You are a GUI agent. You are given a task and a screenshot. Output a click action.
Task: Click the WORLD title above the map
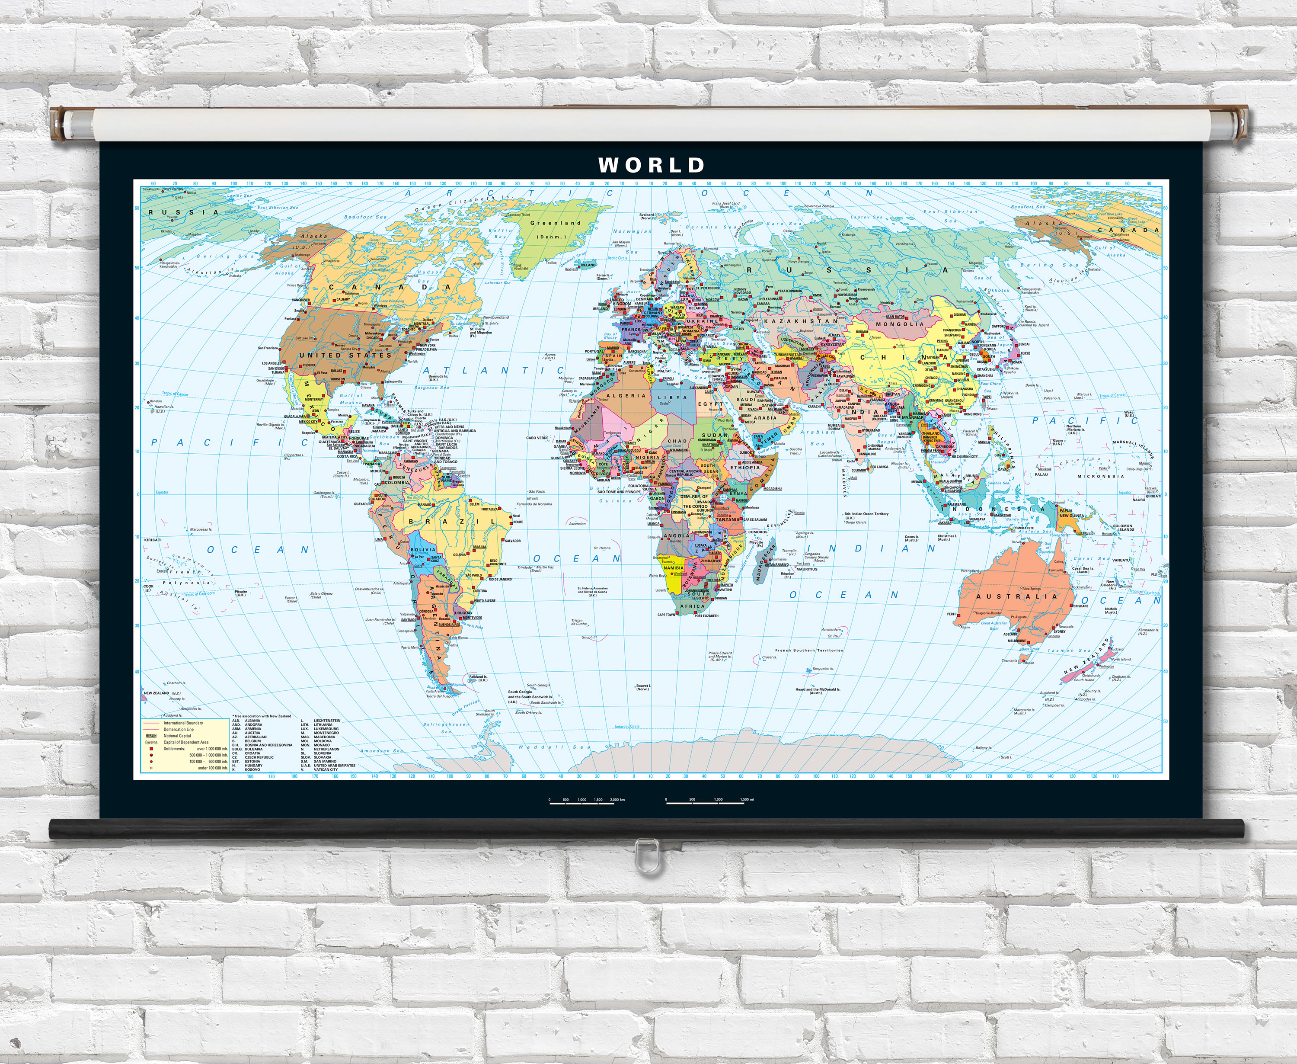[651, 165]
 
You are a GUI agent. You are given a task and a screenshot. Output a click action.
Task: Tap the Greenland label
[555, 223]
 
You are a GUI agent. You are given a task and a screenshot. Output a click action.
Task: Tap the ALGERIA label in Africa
[626, 396]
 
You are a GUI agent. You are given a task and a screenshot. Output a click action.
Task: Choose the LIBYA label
[672, 397]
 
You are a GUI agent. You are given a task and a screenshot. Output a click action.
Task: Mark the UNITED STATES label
[345, 355]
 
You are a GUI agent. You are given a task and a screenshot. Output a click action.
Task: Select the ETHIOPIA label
[744, 468]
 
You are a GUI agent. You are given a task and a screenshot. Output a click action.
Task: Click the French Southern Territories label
[809, 650]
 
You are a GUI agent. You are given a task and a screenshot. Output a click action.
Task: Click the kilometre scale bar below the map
[582, 802]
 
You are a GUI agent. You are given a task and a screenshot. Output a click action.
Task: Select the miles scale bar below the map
[705, 802]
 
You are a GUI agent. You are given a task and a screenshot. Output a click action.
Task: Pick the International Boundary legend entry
[182, 723]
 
